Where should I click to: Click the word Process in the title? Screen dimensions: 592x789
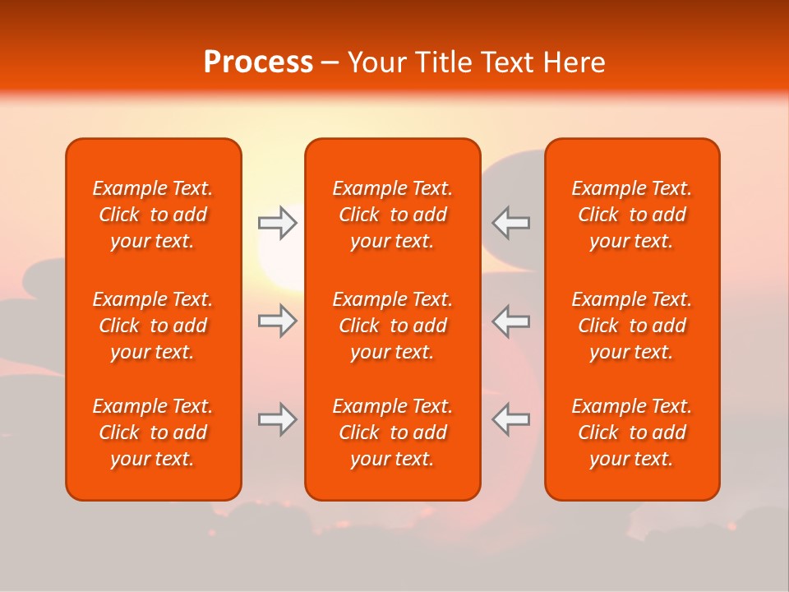tap(258, 62)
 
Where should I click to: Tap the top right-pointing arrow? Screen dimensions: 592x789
tap(277, 223)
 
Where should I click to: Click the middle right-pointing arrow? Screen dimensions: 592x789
tap(277, 321)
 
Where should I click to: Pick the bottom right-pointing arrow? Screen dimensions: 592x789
tap(277, 419)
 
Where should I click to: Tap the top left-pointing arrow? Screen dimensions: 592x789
tap(510, 223)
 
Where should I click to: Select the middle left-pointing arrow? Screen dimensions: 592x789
tap(510, 321)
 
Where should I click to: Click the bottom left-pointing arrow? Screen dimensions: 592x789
tap(510, 419)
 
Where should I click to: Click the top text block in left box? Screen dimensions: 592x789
tap(153, 215)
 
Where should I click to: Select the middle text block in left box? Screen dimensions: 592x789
tap(153, 326)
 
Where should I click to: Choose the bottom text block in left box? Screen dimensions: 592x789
tap(153, 432)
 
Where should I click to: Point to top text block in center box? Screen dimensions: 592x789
tap(392, 215)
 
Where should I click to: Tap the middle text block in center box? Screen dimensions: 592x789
tap(392, 326)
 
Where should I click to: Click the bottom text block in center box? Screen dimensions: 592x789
tap(392, 432)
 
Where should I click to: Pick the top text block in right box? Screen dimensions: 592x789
tap(631, 215)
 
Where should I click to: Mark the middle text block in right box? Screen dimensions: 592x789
tap(631, 326)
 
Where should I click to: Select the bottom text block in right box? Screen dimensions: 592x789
tap(631, 432)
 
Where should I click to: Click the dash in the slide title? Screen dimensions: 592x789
tap(330, 63)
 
